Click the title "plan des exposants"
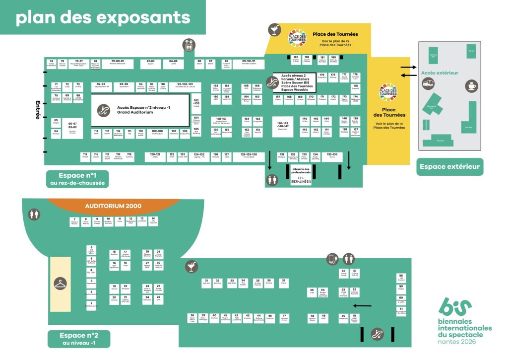[x=103, y=17]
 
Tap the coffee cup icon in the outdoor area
[x=471, y=86]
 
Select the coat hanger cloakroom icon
[x=61, y=284]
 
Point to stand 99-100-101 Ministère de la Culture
[x=185, y=86]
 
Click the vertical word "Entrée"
[x=38, y=110]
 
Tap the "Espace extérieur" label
[x=450, y=166]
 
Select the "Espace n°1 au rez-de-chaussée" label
[x=78, y=179]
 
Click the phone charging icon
[x=332, y=259]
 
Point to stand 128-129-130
[x=249, y=156]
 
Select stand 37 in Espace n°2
[x=284, y=283]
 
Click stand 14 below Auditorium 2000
[x=153, y=220]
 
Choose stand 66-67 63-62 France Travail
[x=72, y=127]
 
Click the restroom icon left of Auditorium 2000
[x=34, y=215]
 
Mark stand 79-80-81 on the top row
[x=118, y=63]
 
